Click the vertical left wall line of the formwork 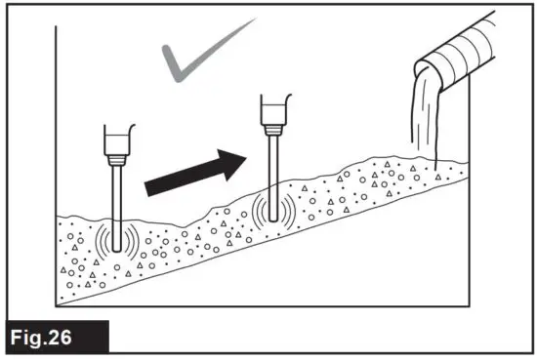[56, 146]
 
